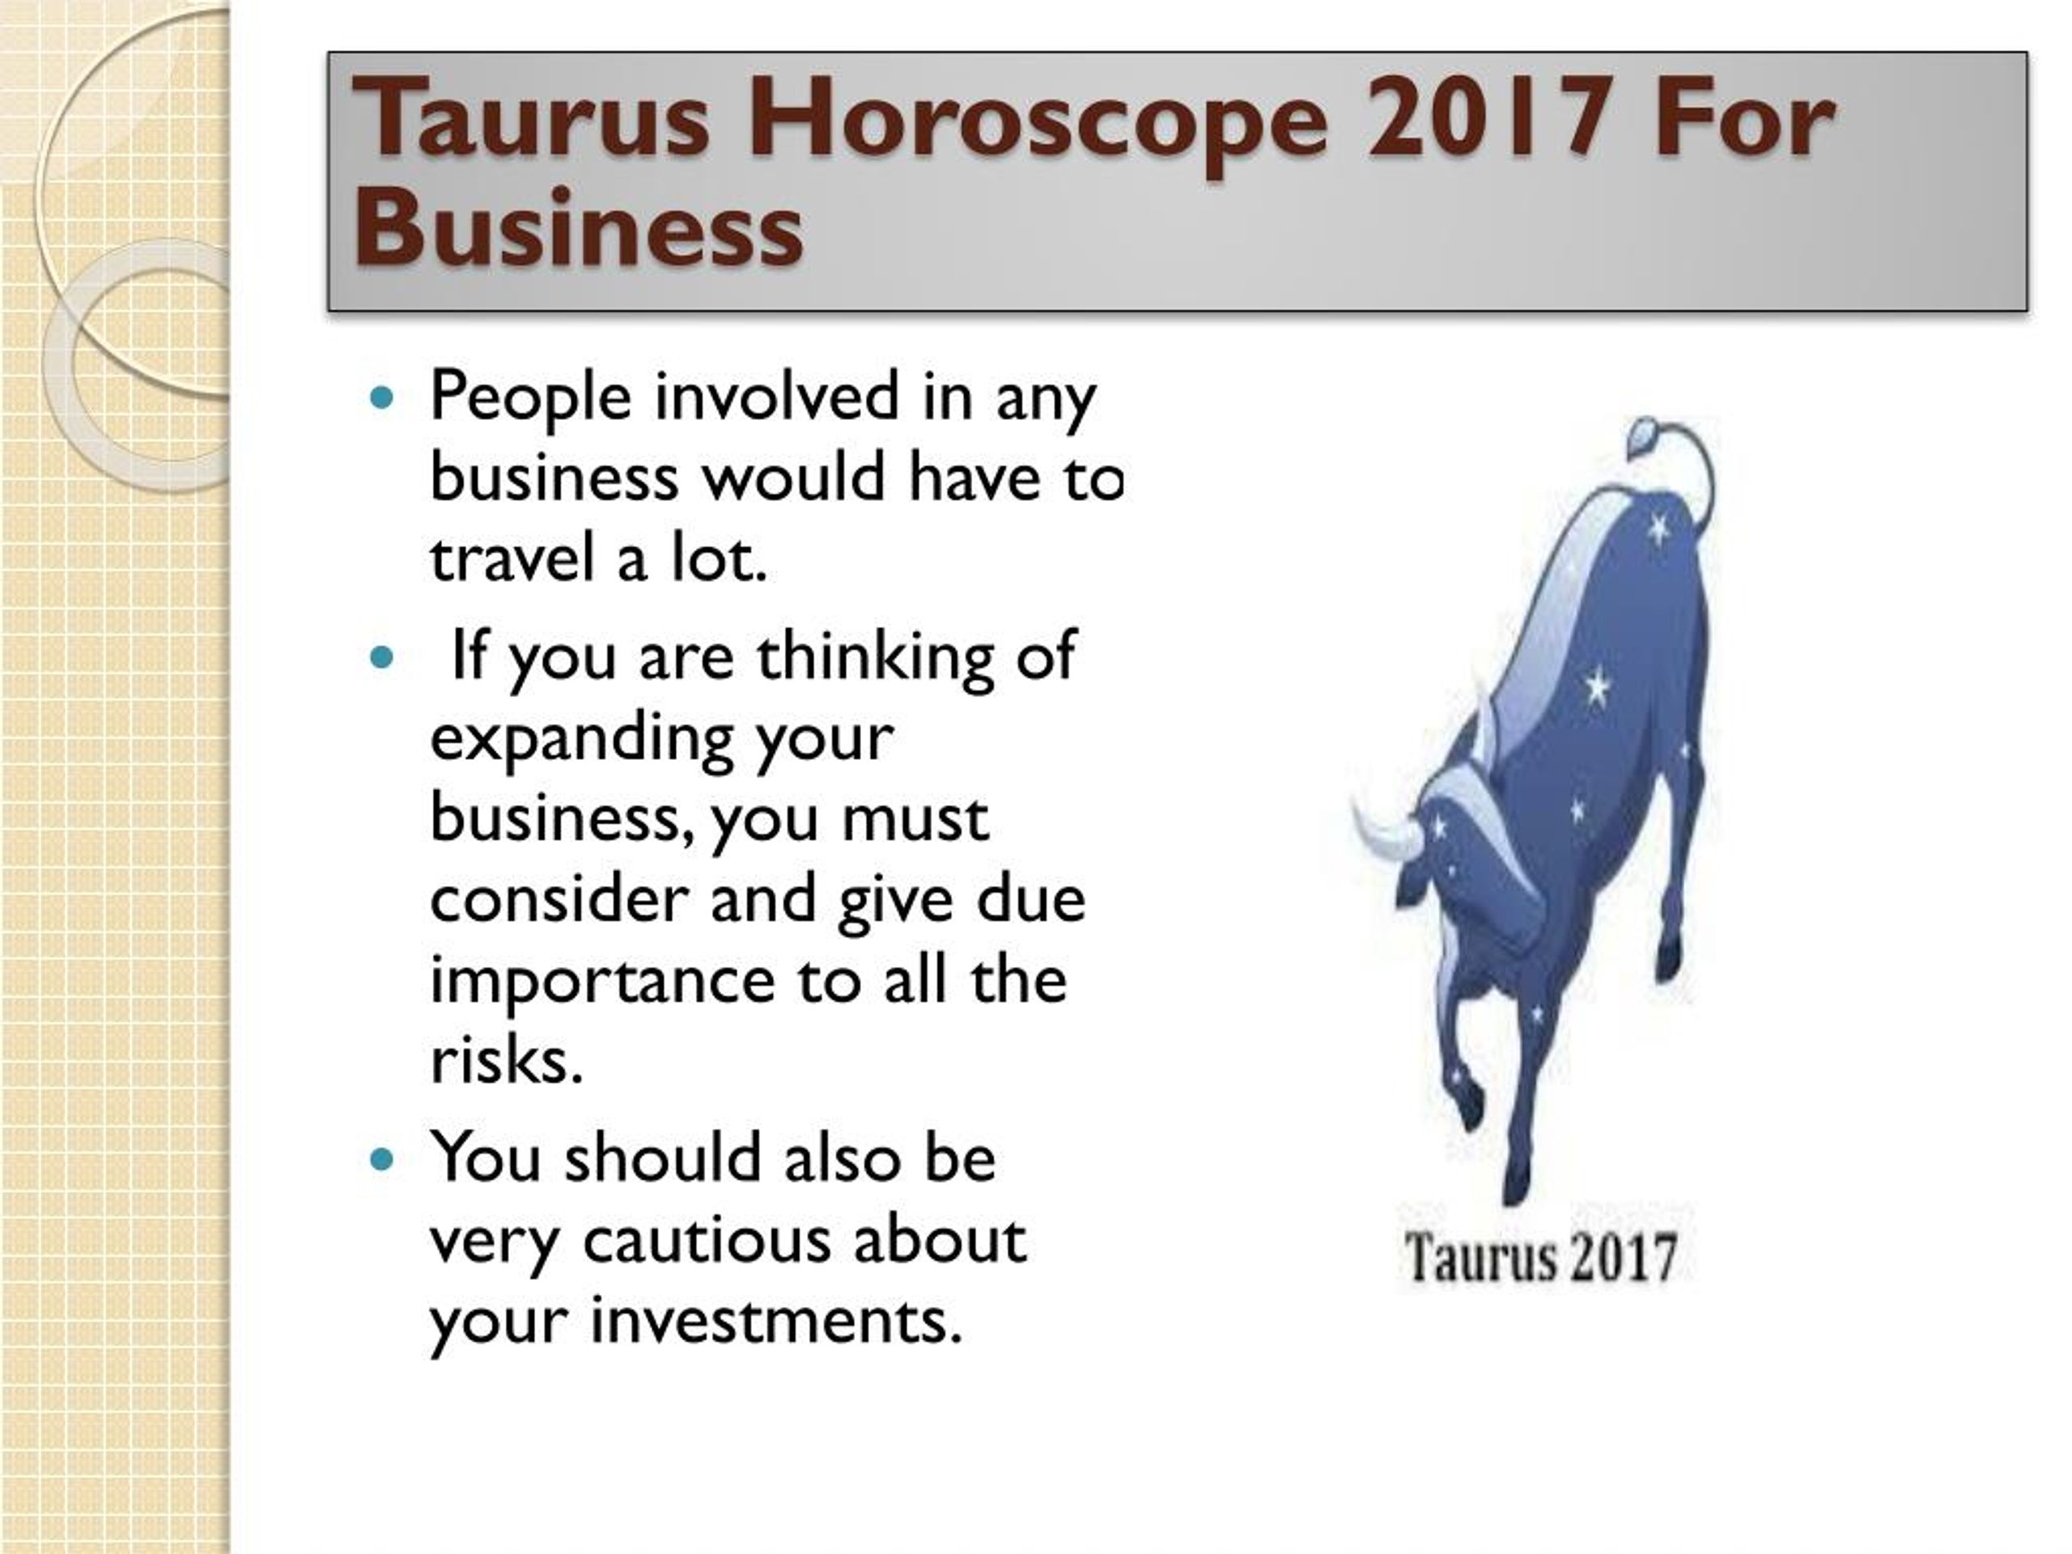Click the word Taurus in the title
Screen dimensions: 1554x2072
[530, 119]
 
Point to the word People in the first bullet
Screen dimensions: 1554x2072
[530, 398]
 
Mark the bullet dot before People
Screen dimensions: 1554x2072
[380, 398]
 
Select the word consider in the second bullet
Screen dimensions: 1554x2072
[558, 899]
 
